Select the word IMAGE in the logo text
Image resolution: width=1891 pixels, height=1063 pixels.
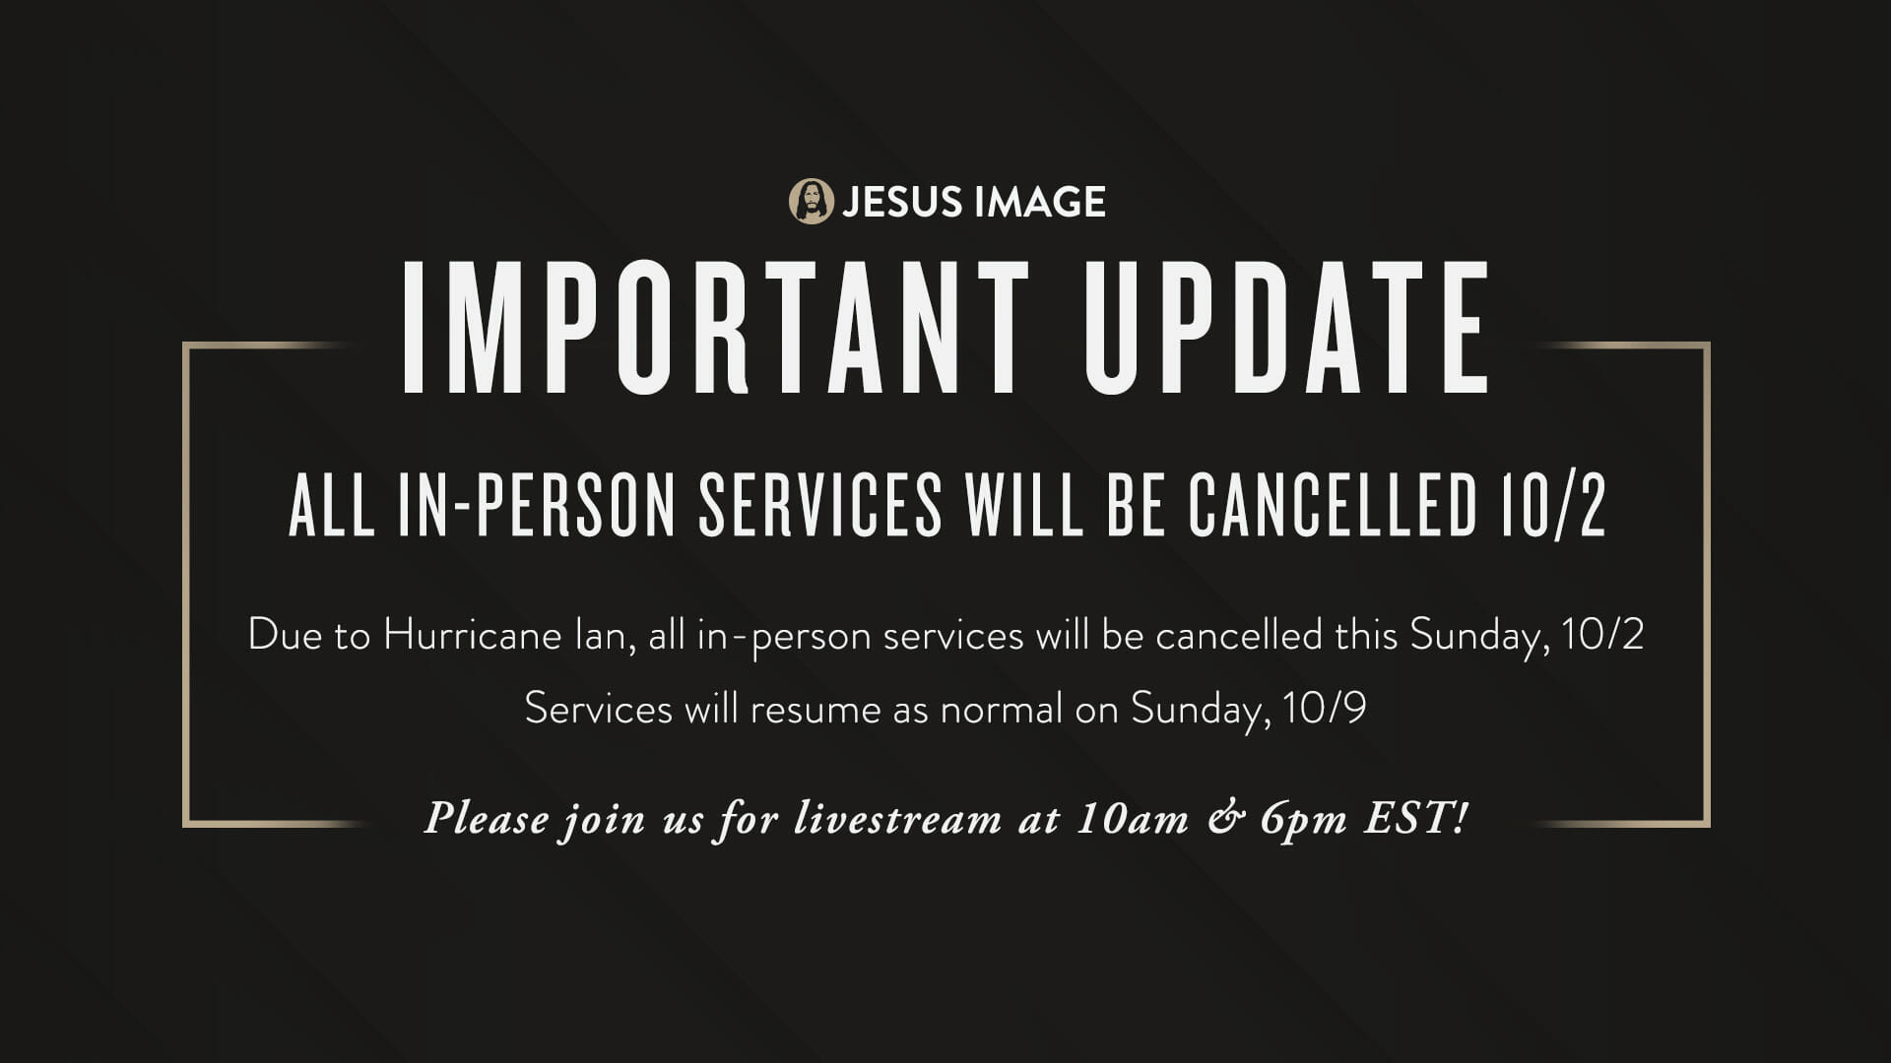(1039, 202)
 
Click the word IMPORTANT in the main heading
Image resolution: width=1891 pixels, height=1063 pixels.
(716, 327)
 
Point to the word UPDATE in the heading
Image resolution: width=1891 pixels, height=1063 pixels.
(1287, 327)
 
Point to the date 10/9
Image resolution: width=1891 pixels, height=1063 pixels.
(1325, 709)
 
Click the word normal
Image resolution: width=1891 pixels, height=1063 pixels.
(1002, 709)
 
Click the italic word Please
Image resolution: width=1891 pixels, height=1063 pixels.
(487, 819)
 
